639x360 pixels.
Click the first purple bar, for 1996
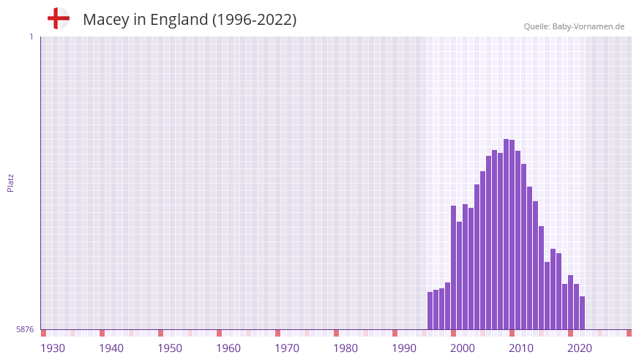click(x=430, y=311)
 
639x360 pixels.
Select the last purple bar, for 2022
click(x=582, y=313)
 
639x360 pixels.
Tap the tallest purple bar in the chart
click(x=507, y=234)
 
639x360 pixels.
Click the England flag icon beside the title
click(x=58, y=18)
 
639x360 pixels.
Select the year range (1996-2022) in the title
click(x=254, y=20)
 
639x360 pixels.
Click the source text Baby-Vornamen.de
click(x=588, y=26)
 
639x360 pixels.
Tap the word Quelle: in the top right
click(x=537, y=26)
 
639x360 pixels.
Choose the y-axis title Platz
click(x=10, y=183)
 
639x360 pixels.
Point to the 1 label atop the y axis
click(x=31, y=37)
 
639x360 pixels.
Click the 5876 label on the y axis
click(x=25, y=330)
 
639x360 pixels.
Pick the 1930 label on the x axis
click(x=53, y=348)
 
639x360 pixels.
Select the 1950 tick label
click(x=170, y=348)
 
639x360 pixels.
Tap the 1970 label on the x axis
click(x=287, y=348)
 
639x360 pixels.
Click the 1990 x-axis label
click(x=404, y=348)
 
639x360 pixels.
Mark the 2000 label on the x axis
click(x=463, y=348)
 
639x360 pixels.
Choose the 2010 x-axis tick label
click(x=521, y=348)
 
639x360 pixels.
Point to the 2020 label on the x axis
click(x=580, y=348)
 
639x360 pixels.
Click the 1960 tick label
click(x=228, y=348)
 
